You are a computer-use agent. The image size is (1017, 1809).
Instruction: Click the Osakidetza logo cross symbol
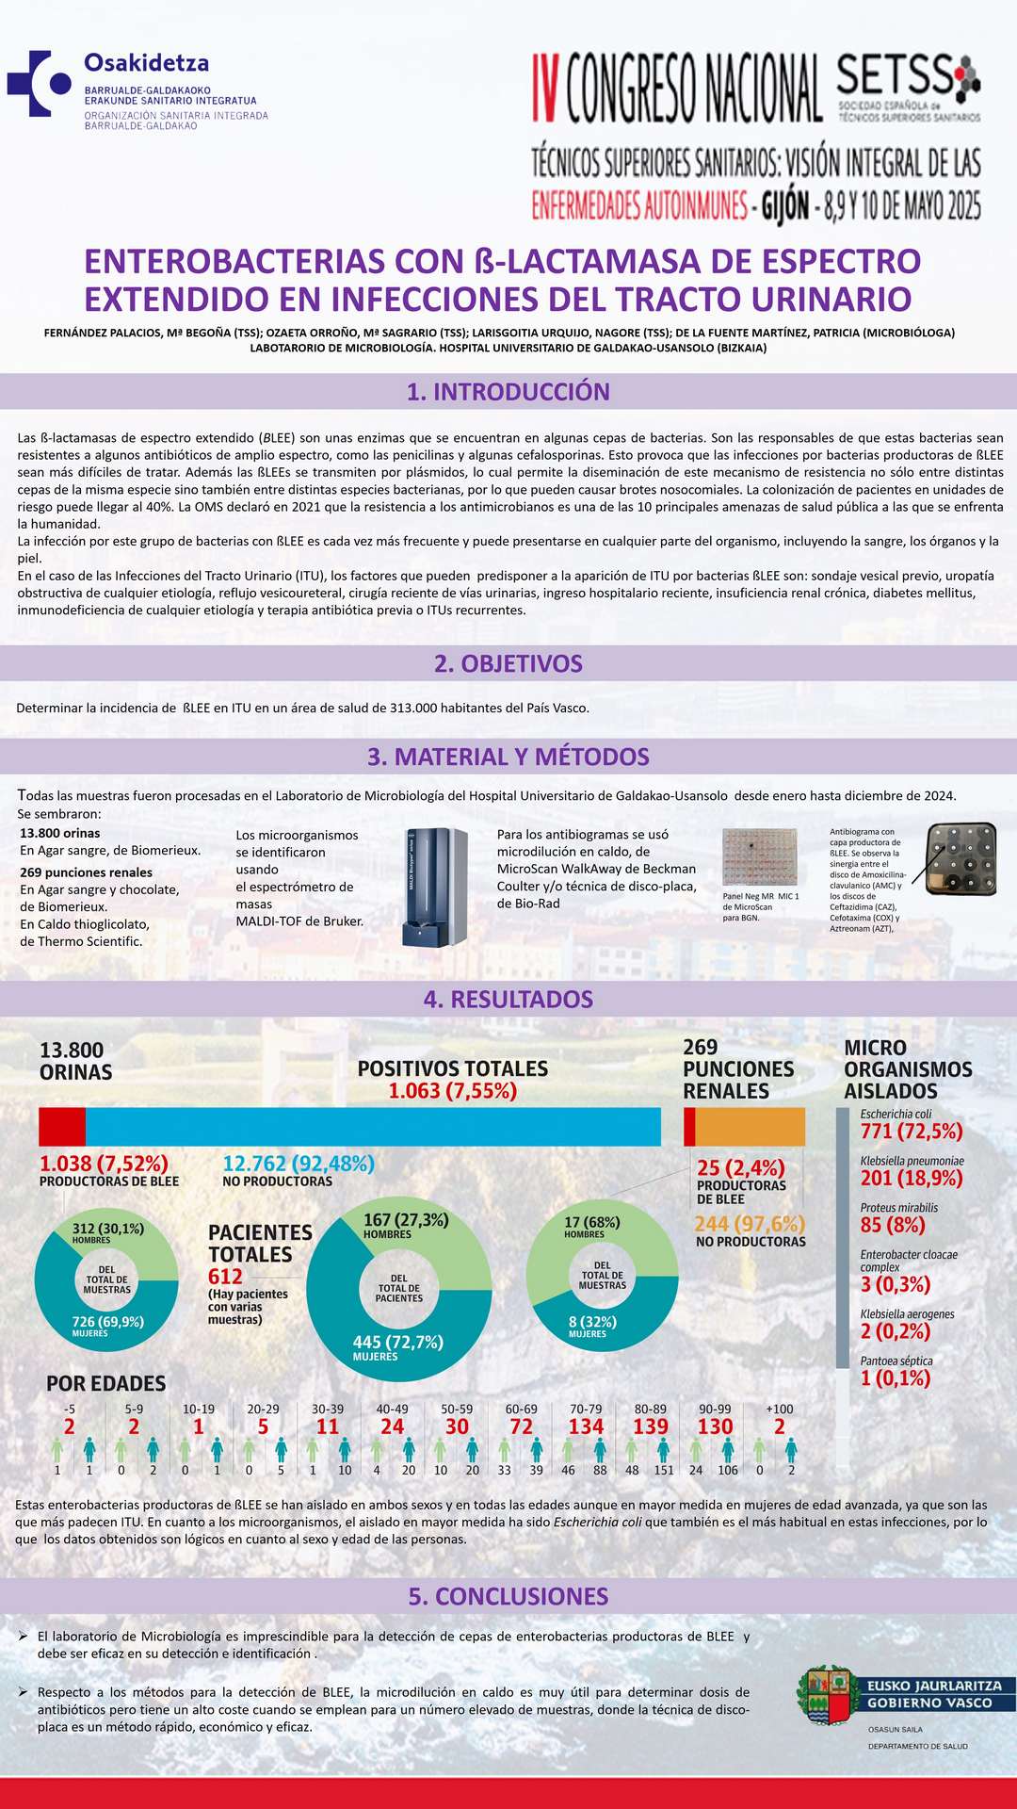38,84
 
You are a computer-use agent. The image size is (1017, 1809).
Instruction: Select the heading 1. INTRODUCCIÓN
508,392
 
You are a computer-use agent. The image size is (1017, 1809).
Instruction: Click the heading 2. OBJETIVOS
508,663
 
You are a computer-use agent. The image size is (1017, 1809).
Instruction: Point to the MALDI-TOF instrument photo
435,888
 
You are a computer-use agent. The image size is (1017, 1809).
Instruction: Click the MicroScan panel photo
759,856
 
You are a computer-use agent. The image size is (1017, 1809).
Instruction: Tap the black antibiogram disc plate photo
960,857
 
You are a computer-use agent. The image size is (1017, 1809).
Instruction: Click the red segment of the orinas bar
62,1127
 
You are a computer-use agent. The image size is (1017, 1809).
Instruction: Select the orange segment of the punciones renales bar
750,1127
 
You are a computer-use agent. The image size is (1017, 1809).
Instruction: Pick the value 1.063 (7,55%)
453,1091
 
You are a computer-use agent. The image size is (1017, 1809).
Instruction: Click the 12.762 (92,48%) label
299,1164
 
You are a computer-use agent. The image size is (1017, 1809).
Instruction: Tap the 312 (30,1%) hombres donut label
108,1229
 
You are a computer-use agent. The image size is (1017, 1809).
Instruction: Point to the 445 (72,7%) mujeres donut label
397,1342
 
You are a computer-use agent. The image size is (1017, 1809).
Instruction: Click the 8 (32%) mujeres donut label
592,1322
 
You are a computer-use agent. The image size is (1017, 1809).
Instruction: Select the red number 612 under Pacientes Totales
226,1277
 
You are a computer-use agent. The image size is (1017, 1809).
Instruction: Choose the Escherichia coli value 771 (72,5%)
912,1131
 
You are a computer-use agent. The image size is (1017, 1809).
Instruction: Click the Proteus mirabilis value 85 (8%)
893,1225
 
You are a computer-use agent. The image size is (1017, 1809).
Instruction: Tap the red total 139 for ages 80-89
651,1426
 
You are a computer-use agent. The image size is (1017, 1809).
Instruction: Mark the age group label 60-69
522,1410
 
